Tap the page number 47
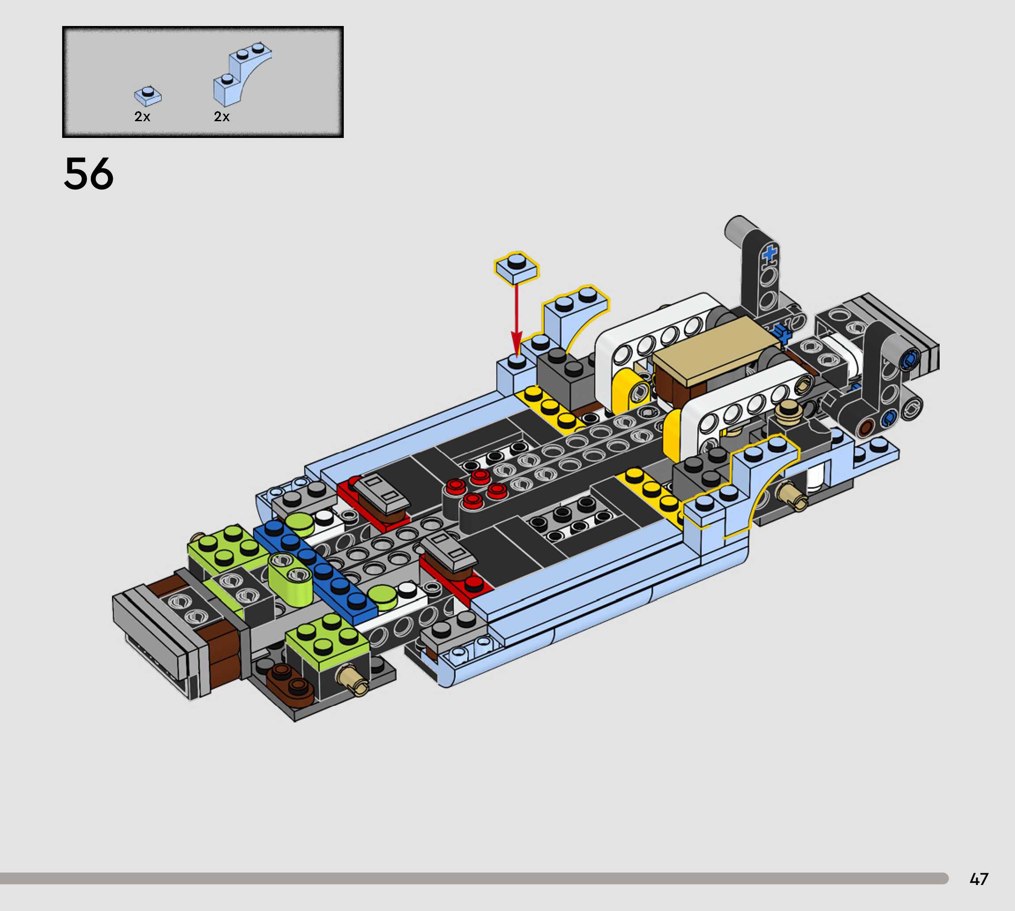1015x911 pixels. (x=979, y=879)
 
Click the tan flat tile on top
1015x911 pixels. (x=716, y=350)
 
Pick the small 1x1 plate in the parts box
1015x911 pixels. (x=148, y=96)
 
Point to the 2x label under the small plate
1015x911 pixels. (x=142, y=117)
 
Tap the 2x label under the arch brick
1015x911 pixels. (x=222, y=117)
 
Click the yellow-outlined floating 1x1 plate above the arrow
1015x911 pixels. (x=517, y=267)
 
